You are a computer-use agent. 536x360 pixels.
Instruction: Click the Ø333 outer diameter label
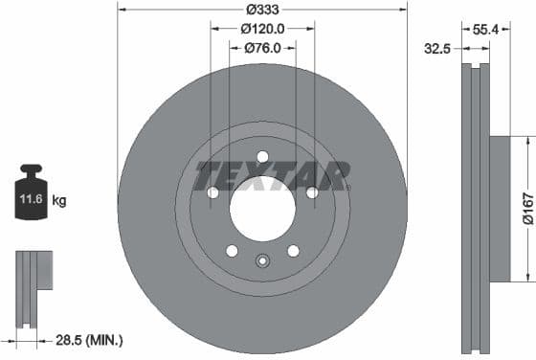coord(262,9)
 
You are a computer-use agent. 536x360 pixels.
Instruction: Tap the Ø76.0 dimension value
coord(262,47)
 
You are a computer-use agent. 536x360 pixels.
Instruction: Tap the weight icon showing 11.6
coord(31,198)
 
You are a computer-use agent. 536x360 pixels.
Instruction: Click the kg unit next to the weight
coord(59,201)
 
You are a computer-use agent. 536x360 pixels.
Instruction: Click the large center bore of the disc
coord(262,209)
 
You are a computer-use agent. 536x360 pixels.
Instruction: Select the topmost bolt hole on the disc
coord(262,157)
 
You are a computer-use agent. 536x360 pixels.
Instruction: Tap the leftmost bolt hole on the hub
coord(212,193)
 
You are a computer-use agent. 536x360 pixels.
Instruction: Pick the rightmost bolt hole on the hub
coord(312,193)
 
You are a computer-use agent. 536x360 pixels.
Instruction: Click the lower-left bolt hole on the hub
coord(232,251)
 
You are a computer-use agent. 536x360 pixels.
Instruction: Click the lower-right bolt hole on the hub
coord(293,251)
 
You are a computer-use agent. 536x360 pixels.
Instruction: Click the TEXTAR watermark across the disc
coord(272,176)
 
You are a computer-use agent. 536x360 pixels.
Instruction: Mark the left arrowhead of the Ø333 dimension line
coord(121,9)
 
